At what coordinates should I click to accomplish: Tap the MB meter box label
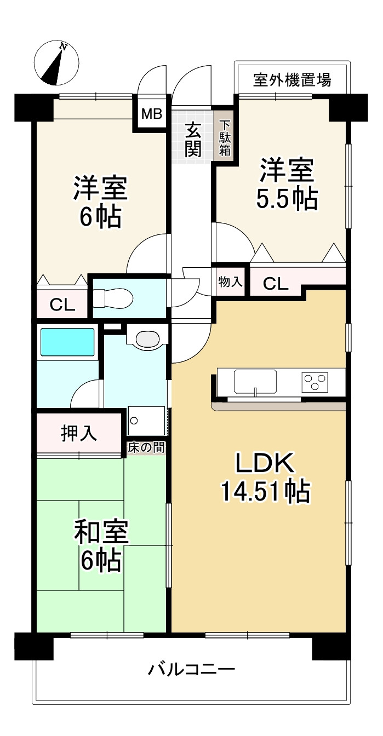[x=152, y=114]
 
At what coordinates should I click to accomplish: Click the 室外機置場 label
[x=292, y=80]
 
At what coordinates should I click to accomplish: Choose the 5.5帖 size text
[x=287, y=198]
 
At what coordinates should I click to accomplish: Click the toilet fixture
[x=113, y=297]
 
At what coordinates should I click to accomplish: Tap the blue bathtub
[x=67, y=342]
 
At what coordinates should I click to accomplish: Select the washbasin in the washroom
[x=147, y=338]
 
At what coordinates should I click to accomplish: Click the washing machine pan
[x=146, y=421]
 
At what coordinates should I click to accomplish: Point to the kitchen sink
[x=255, y=381]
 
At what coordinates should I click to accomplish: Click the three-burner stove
[x=315, y=382]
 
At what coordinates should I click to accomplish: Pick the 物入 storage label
[x=231, y=281]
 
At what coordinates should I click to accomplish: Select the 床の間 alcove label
[x=146, y=447]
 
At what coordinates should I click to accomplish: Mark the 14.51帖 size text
[x=265, y=492]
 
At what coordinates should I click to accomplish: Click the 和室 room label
[x=101, y=532]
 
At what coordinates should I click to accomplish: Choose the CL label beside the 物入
[x=276, y=284]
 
